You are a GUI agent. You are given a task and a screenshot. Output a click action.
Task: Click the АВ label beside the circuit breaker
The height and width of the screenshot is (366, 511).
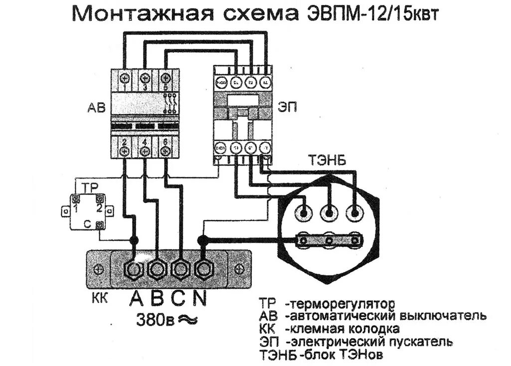96,108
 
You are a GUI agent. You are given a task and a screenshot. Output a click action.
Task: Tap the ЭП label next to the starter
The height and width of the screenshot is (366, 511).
286,108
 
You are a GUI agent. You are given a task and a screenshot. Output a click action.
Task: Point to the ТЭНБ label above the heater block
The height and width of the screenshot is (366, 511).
327,161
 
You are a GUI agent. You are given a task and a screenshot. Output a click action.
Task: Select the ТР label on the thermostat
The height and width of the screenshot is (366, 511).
89,188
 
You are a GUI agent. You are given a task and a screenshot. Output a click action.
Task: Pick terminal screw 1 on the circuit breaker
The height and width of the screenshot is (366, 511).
123,78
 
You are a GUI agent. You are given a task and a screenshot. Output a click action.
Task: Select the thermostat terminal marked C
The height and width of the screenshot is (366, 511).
101,225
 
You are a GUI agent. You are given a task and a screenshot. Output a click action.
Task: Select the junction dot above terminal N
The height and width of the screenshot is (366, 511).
202,241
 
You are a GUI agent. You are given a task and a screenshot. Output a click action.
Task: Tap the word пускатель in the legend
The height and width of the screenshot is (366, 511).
420,342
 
